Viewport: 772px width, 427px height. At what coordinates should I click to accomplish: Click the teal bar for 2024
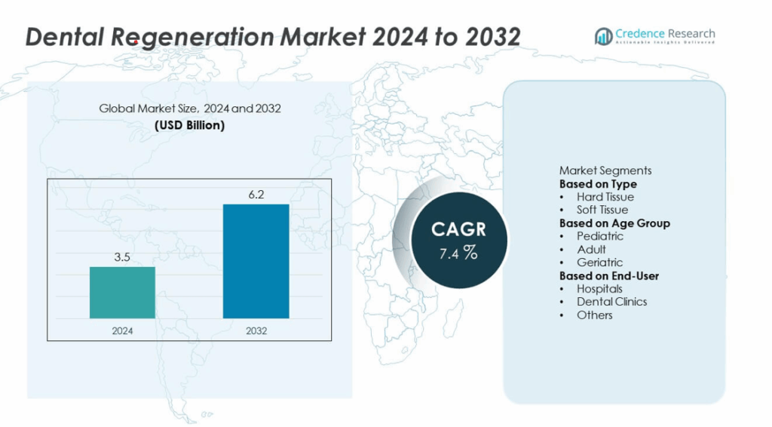pos(122,292)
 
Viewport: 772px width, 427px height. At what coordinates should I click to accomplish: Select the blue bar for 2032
pos(256,261)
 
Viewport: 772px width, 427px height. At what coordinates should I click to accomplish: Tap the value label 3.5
pos(122,257)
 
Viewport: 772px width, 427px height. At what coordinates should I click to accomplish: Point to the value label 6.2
pos(256,194)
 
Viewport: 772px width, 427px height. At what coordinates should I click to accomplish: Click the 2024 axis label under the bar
pos(122,330)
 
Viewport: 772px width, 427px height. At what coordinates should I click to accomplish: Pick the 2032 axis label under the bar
pos(256,330)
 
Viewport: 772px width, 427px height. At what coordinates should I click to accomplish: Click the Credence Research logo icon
pos(603,36)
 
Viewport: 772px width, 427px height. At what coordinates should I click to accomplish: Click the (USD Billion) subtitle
pos(190,125)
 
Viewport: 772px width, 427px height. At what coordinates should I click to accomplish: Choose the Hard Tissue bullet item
pos(605,197)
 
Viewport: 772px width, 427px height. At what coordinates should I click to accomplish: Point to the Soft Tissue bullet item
pos(602,210)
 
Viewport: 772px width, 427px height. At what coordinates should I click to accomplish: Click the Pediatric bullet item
pos(600,236)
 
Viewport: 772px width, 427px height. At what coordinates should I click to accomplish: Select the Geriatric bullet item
pos(600,263)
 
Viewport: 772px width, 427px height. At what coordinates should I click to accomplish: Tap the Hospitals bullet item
pos(600,288)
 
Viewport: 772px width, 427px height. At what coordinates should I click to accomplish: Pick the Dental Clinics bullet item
pos(611,302)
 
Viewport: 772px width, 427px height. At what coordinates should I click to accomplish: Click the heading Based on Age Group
pos(614,223)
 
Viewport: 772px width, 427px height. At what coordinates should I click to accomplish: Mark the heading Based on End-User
pos(609,275)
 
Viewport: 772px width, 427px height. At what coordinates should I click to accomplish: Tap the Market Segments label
pos(605,170)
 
